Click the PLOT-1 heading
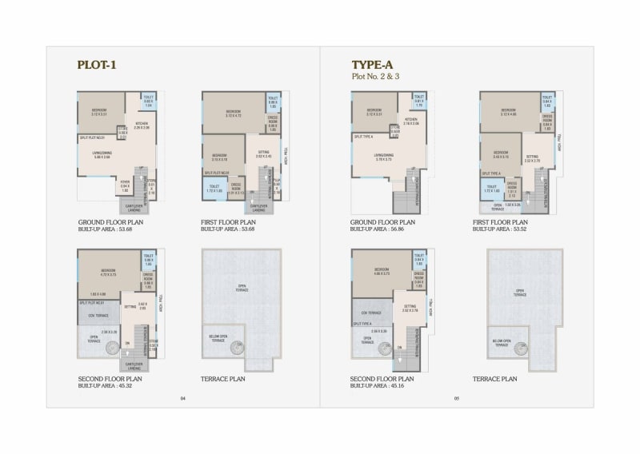coord(97,65)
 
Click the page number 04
coord(182,398)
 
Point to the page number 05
coord(456,398)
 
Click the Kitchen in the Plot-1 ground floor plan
coord(142,125)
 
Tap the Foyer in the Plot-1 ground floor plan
coord(125,187)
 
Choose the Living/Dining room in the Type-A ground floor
coord(383,157)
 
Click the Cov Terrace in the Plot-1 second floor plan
coord(98,316)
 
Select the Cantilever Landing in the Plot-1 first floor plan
coord(258,207)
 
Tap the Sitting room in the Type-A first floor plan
coord(533,159)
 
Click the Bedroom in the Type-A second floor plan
coord(382,270)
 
